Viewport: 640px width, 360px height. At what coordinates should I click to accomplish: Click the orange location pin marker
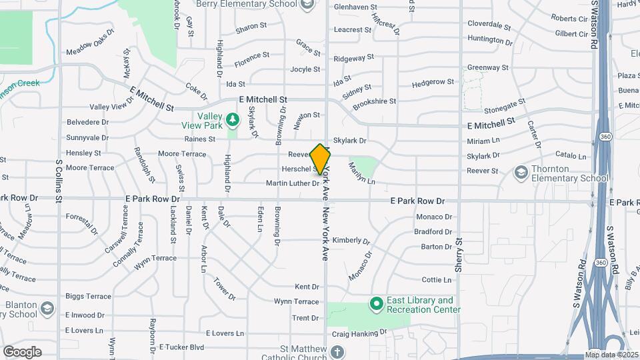[x=320, y=159]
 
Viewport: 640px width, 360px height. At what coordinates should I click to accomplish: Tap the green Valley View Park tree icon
[x=233, y=120]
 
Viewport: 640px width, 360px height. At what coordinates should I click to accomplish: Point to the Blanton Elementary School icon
[x=47, y=309]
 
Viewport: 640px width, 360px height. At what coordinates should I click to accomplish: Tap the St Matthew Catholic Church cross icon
[x=338, y=352]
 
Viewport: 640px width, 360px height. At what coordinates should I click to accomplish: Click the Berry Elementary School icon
[x=307, y=5]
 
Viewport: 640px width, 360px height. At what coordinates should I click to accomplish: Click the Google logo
[x=22, y=352]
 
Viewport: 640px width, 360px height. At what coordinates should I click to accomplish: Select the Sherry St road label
[x=459, y=255]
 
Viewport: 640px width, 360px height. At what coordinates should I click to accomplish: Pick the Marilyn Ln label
[x=362, y=177]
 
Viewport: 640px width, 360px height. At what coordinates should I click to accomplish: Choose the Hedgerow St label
[x=433, y=82]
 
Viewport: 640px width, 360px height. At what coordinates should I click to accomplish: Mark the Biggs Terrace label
[x=88, y=296]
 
